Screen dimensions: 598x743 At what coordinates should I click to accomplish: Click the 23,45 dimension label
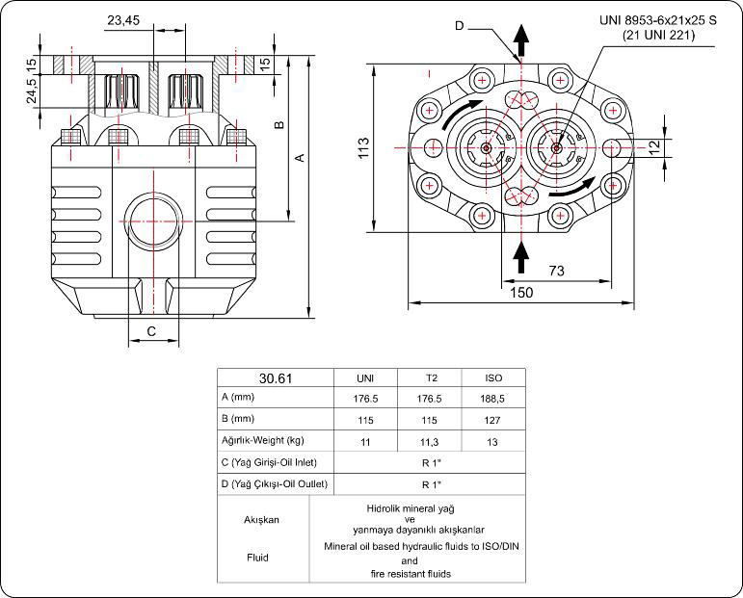click(123, 19)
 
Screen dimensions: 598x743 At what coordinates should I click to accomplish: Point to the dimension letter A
click(300, 157)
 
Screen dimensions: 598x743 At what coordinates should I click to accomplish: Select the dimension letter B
click(279, 125)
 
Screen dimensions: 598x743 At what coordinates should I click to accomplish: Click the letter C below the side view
click(151, 331)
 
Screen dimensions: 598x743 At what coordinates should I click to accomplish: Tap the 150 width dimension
click(521, 293)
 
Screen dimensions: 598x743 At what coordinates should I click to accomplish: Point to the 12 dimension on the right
click(654, 146)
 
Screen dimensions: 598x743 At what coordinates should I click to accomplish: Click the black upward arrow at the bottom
click(520, 256)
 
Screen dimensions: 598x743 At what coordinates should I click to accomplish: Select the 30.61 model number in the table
click(276, 377)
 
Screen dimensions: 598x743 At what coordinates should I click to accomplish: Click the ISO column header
click(493, 377)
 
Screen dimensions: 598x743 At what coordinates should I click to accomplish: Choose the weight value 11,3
click(430, 441)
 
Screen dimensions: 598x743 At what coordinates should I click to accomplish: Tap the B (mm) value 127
click(493, 420)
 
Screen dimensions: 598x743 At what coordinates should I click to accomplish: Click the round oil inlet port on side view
click(151, 220)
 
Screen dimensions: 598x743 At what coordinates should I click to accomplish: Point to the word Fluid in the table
click(257, 557)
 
